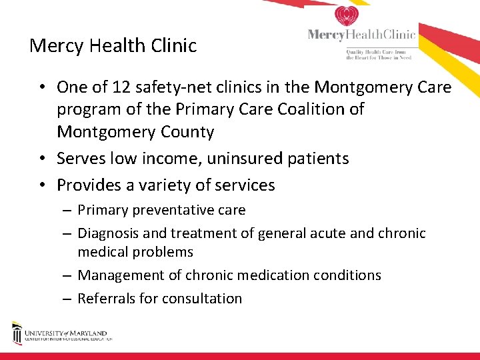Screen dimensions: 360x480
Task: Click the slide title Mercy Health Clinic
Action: [x=113, y=46]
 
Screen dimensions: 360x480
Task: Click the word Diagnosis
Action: [x=109, y=233]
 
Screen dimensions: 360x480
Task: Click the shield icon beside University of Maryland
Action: [x=17, y=333]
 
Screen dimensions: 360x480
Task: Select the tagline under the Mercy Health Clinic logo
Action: [x=377, y=54]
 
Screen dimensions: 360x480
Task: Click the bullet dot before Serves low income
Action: [x=41, y=159]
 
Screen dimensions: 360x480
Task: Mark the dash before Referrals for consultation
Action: [x=69, y=299]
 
